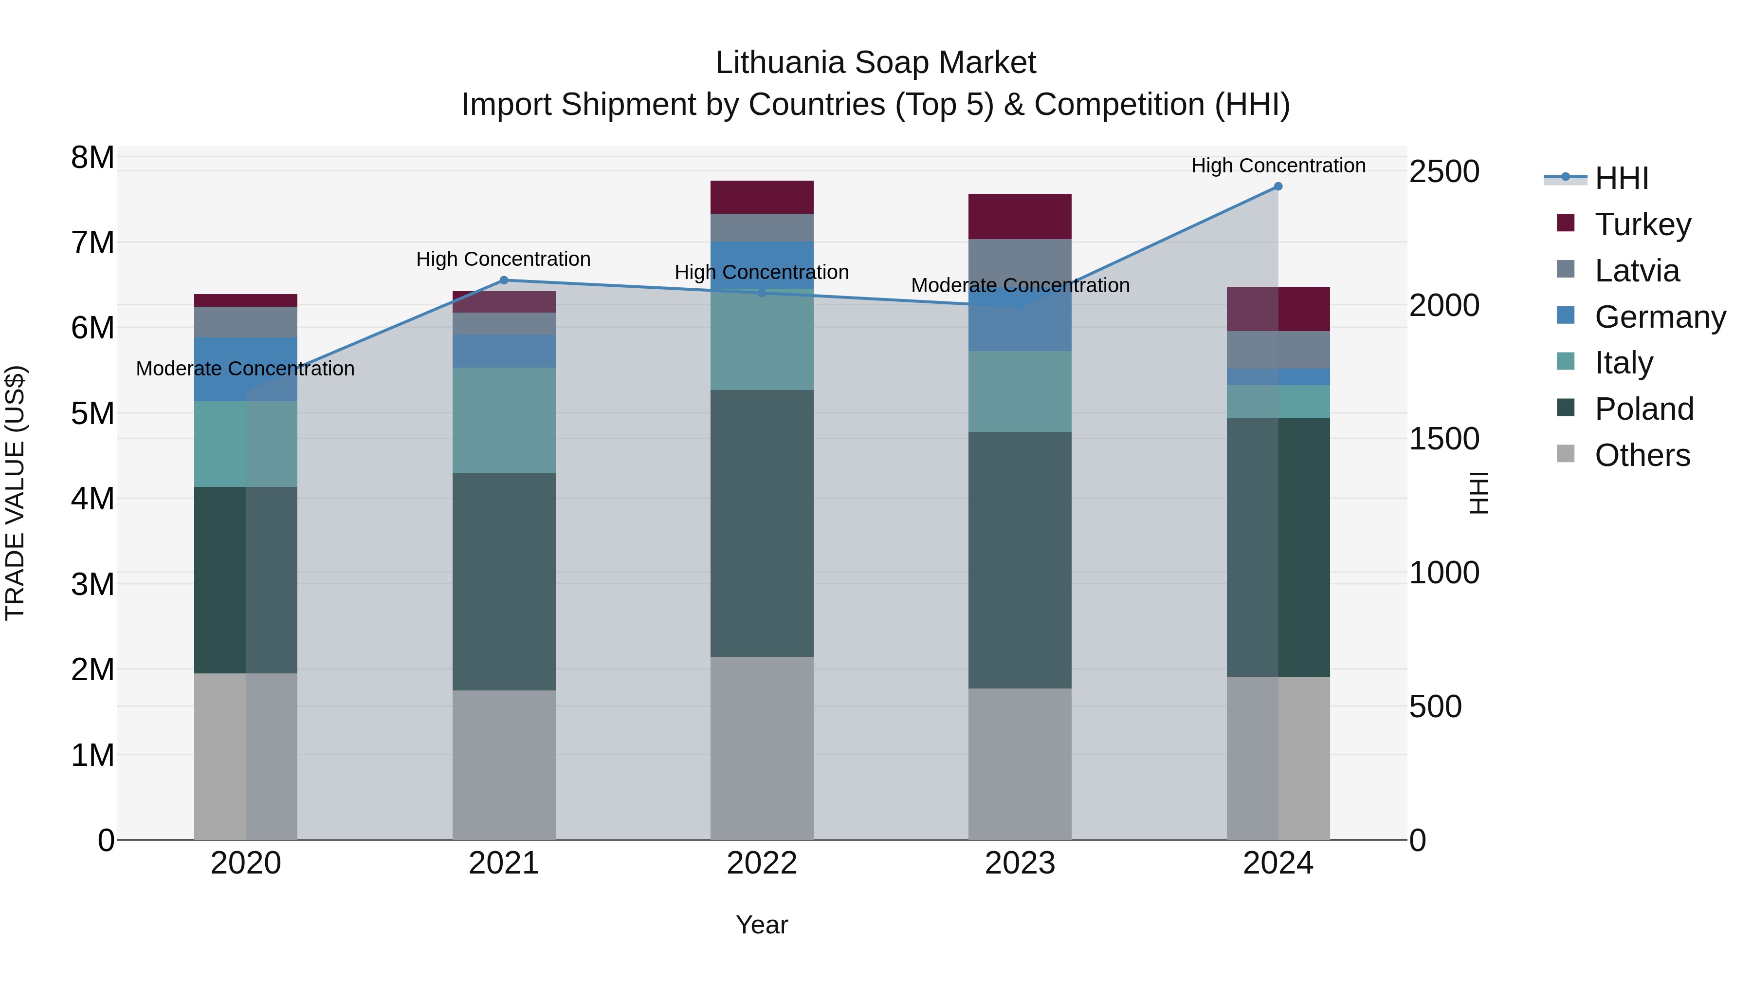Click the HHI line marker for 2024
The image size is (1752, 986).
click(1278, 186)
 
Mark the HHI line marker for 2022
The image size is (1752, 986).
click(762, 293)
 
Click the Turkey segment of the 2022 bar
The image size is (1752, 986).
click(762, 197)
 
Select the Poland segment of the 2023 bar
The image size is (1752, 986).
click(1020, 560)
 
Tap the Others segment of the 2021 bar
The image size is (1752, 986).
click(504, 765)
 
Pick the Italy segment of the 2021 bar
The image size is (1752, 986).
click(504, 421)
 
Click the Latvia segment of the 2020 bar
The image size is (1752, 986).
click(246, 322)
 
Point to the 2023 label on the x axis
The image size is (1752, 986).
click(1020, 863)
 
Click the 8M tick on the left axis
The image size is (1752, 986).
click(92, 158)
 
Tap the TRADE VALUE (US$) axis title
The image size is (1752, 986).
click(16, 493)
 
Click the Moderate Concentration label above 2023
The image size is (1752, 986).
click(1020, 286)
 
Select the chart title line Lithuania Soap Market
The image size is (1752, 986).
click(876, 63)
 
